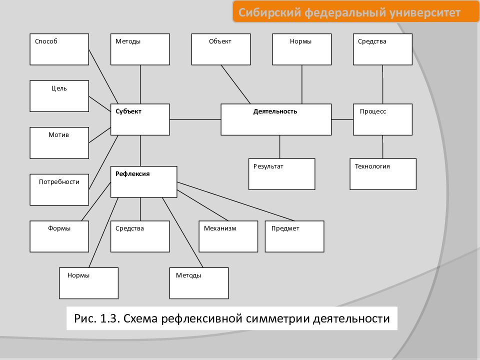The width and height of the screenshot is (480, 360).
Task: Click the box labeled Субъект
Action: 140,119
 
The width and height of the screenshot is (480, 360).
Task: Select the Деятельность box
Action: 276,119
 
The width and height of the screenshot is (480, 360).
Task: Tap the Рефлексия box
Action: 144,182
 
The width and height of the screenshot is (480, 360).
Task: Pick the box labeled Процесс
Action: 382,119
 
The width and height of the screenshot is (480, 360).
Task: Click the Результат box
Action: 281,174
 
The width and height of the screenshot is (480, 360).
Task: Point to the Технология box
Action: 383,174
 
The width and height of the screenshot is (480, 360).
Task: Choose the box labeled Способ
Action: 59,49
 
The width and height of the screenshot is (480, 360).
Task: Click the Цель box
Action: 59,96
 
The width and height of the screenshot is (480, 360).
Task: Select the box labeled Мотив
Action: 59,143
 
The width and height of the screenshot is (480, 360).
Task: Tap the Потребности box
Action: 59,190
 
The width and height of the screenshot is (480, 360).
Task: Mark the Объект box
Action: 221,49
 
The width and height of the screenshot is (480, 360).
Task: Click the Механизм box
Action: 228,236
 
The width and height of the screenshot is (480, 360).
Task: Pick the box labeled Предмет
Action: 294,236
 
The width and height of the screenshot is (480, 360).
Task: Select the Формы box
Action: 59,236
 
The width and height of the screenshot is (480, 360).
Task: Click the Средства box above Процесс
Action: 382,49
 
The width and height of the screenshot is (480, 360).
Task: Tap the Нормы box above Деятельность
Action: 302,49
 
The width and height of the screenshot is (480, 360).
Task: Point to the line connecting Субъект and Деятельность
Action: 195,119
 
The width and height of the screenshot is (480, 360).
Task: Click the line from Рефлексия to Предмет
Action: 235,201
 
